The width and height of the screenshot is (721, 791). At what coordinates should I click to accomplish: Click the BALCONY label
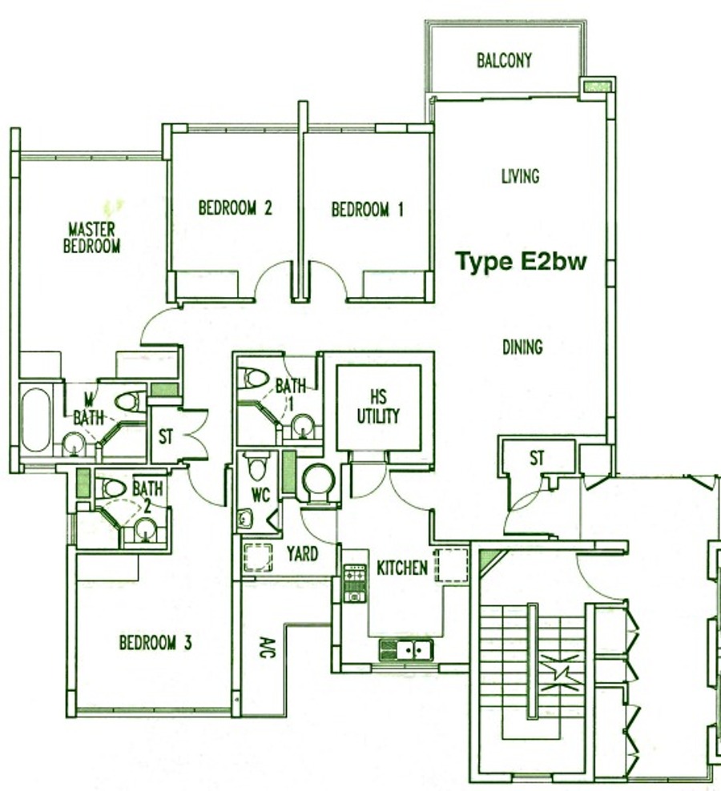(x=504, y=61)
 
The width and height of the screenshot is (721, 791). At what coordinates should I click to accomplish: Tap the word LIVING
(x=520, y=176)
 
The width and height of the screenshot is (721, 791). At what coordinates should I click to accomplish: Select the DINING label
(x=522, y=347)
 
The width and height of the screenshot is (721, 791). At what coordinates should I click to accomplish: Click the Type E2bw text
(x=521, y=263)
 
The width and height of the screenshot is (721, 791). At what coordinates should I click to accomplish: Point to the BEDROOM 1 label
(x=368, y=209)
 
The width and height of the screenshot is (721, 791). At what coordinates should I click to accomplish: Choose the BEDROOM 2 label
(x=235, y=208)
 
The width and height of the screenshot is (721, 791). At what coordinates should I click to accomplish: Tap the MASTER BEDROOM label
(x=91, y=238)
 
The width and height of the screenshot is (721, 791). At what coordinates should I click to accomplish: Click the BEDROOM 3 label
(x=155, y=643)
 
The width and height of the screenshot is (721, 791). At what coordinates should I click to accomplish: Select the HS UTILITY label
(x=378, y=406)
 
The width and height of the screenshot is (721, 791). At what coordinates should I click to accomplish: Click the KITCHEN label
(x=402, y=568)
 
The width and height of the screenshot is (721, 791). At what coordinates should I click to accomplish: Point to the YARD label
(x=303, y=554)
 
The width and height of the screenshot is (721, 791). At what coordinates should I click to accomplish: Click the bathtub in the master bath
(x=35, y=420)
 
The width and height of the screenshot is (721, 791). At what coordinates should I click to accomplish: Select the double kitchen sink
(x=407, y=650)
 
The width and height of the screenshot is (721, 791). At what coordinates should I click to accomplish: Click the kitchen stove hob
(x=354, y=583)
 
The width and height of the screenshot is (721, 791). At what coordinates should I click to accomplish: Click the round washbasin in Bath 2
(x=146, y=530)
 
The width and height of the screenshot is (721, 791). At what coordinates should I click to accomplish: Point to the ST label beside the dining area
(x=538, y=458)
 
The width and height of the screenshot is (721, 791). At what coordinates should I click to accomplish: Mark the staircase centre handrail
(x=532, y=661)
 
